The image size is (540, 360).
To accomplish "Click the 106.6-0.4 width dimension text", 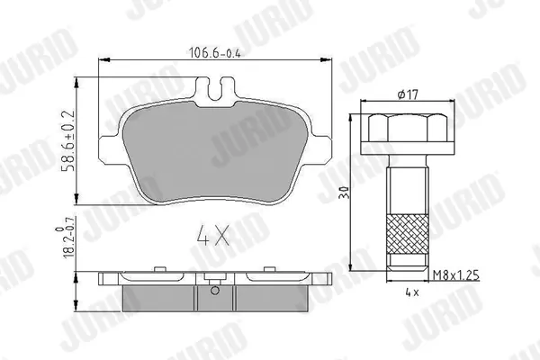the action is pyautogui.click(x=214, y=52).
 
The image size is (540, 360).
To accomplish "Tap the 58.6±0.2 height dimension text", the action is pyautogui.click(x=68, y=140).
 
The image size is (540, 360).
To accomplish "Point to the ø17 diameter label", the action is pyautogui.click(x=408, y=94).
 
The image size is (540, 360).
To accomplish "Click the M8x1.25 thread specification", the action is pyautogui.click(x=456, y=275).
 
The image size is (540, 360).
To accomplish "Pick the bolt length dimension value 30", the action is pyautogui.click(x=344, y=192).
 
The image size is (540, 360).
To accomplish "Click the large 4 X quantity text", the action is pyautogui.click(x=212, y=235).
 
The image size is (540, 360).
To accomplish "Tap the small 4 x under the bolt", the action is pyautogui.click(x=412, y=292).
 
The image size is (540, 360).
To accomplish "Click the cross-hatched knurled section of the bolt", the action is pyautogui.click(x=408, y=234).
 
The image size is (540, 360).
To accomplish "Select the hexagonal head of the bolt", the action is pyautogui.click(x=408, y=128).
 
